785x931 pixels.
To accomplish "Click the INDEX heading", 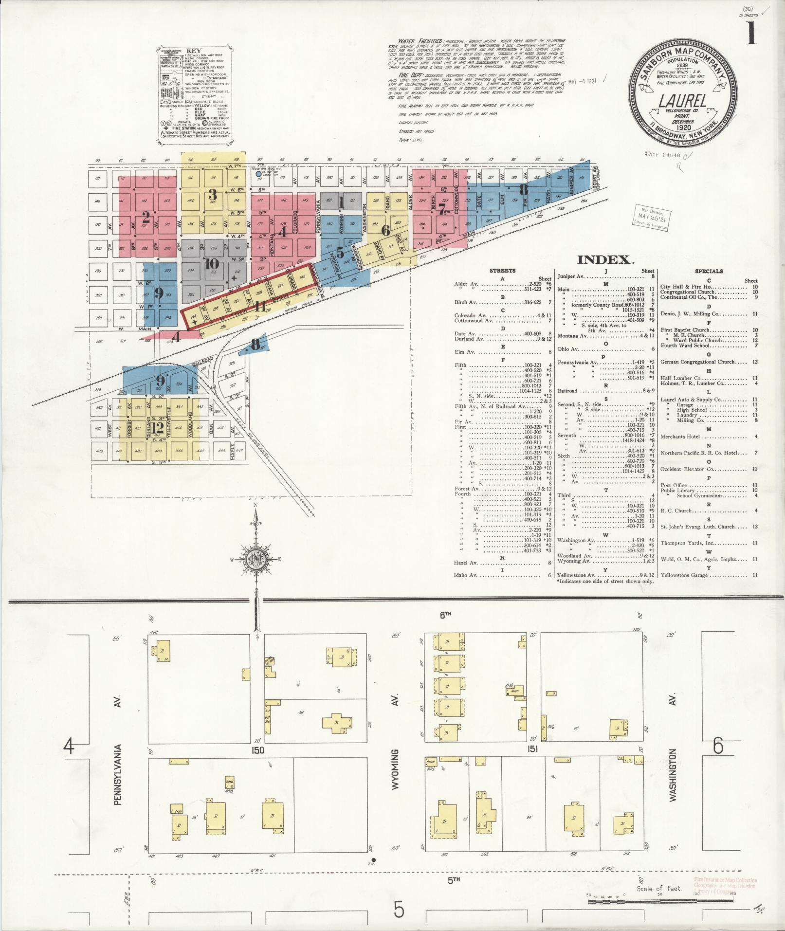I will tap(606, 260).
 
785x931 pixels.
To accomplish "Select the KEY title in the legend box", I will tap(194, 50).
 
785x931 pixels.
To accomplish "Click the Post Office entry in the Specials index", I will tap(673, 485).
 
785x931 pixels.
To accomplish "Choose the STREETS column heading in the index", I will tap(503, 271).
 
